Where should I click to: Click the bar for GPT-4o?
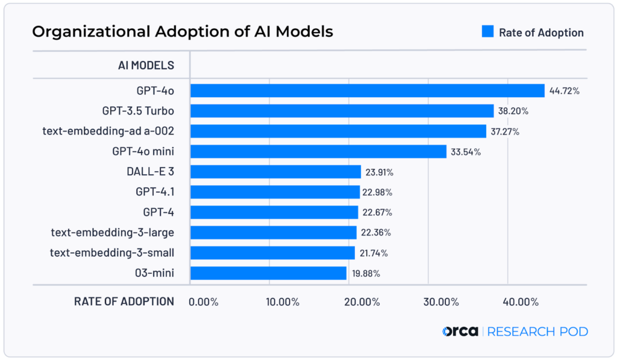pyautogui.click(x=368, y=91)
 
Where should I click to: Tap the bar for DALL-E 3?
pyautogui.click(x=275, y=172)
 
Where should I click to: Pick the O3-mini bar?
pyautogui.click(x=268, y=273)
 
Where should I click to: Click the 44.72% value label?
pyautogui.click(x=564, y=91)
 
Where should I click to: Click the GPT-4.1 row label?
pyautogui.click(x=155, y=192)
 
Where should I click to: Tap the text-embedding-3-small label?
pyautogui.click(x=112, y=253)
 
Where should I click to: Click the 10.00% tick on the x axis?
pyautogui.click(x=283, y=302)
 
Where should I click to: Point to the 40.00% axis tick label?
pyautogui.click(x=521, y=302)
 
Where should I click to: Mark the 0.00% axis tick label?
pyautogui.click(x=204, y=302)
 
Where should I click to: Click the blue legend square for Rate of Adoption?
pyautogui.click(x=487, y=32)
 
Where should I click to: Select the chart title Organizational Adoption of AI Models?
pyautogui.click(x=182, y=31)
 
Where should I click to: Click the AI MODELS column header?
pyautogui.click(x=146, y=65)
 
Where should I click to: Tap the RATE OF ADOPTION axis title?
pyautogui.click(x=124, y=302)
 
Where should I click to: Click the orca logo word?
pyautogui.click(x=460, y=331)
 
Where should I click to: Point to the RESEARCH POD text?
pyautogui.click(x=537, y=332)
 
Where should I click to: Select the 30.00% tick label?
pyautogui.click(x=442, y=302)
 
